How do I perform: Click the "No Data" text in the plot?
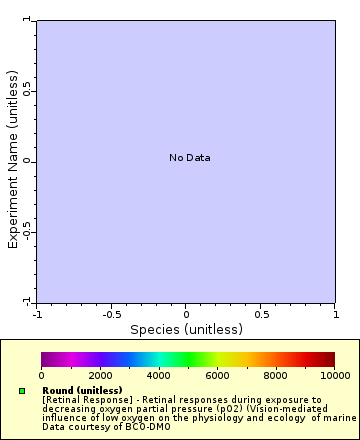[190, 157]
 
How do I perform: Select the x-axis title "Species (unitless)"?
[186, 329]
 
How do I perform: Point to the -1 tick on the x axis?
[37, 314]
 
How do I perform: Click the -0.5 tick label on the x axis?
[111, 314]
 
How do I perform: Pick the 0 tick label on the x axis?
[186, 314]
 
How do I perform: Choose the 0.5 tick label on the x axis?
[260, 314]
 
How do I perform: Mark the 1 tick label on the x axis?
[335, 314]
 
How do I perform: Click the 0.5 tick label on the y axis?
[29, 90]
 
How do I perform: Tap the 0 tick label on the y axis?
[29, 161]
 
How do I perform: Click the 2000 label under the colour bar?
[100, 375]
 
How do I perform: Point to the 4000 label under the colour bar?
[158, 375]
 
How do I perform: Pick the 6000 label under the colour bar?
[217, 375]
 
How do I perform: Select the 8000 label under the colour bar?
[276, 375]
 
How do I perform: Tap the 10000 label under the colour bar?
[334, 375]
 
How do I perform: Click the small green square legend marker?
[22, 391]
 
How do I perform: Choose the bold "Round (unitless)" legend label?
[82, 390]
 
